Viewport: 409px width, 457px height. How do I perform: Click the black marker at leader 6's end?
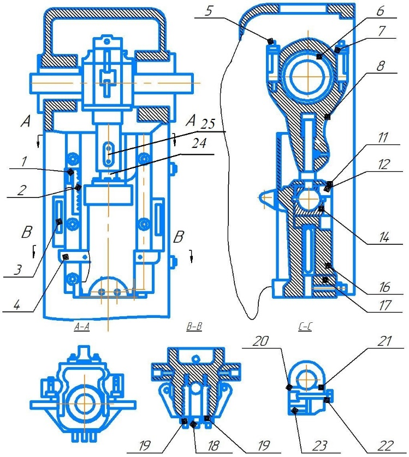320,56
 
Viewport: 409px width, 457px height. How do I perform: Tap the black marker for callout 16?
328,266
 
